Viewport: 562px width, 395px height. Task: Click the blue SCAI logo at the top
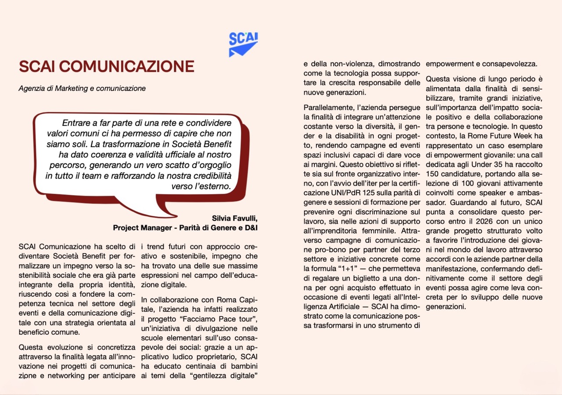[x=243, y=43]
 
